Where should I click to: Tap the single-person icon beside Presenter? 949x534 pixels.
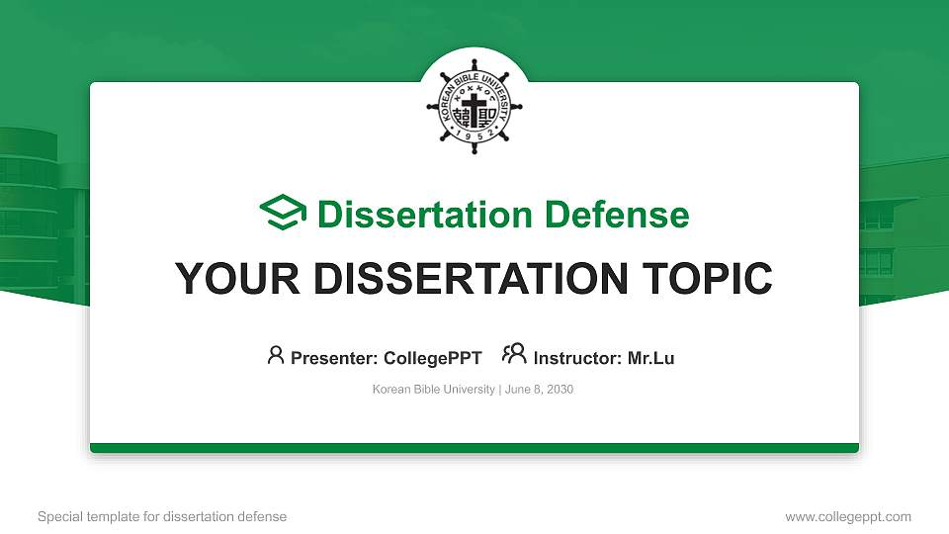[x=276, y=355]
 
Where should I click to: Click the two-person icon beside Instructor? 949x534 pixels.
[x=514, y=355]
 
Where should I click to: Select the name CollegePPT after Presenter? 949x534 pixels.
[x=432, y=358]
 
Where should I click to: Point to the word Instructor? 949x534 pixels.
[x=577, y=358]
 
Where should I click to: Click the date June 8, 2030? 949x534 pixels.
[x=539, y=390]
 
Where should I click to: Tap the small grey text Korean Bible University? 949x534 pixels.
[x=433, y=390]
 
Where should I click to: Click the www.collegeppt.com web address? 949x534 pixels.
[x=848, y=517]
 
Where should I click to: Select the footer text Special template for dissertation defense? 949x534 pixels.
[x=162, y=517]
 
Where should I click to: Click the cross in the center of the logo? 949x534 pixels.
[x=474, y=112]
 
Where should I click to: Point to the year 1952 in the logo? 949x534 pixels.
[x=474, y=138]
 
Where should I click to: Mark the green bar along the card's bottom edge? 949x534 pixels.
[x=474, y=448]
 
